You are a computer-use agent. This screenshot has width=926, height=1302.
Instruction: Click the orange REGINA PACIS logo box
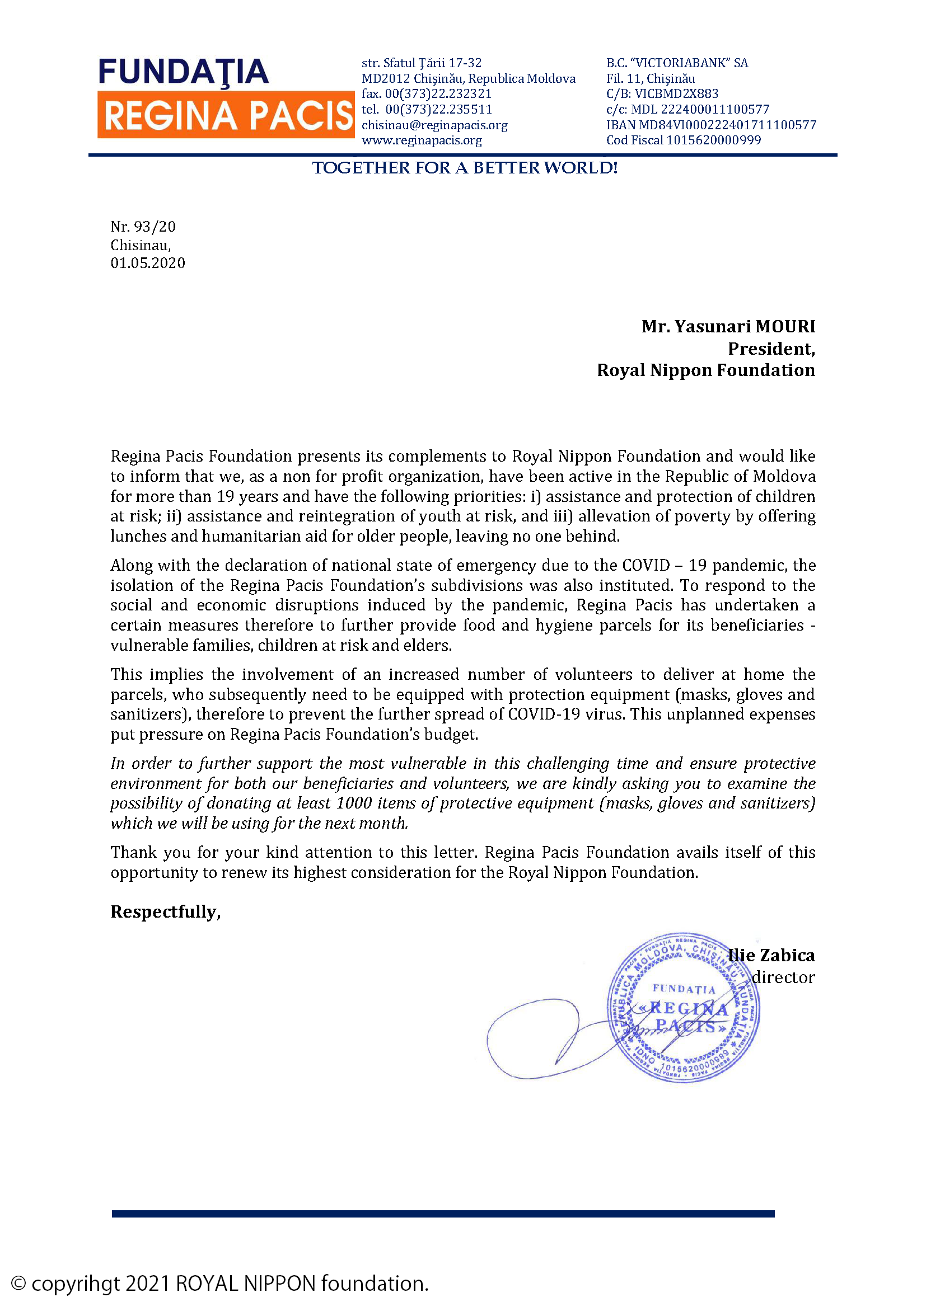pyautogui.click(x=226, y=115)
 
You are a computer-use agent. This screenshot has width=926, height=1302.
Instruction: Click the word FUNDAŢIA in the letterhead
pyautogui.click(x=183, y=72)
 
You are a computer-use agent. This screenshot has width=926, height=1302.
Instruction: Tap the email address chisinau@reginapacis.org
pyautogui.click(x=434, y=125)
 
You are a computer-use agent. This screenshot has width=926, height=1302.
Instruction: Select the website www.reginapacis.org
pyautogui.click(x=422, y=140)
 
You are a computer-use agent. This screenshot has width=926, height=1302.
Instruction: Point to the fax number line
pyautogui.click(x=426, y=93)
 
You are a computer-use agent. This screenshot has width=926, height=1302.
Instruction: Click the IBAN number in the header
pyautogui.click(x=711, y=125)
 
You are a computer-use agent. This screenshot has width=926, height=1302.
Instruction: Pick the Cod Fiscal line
pyautogui.click(x=683, y=140)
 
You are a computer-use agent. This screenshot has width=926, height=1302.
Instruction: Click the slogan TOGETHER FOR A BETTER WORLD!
pyautogui.click(x=465, y=168)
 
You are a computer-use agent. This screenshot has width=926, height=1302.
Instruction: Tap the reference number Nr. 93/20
pyautogui.click(x=143, y=227)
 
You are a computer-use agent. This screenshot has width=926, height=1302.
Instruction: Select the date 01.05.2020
pyautogui.click(x=148, y=262)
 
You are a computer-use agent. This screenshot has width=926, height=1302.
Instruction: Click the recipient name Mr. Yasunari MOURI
pyautogui.click(x=728, y=327)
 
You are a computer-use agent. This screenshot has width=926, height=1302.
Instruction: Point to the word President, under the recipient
pyautogui.click(x=771, y=349)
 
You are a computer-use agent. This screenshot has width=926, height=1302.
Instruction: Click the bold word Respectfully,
pyautogui.click(x=165, y=911)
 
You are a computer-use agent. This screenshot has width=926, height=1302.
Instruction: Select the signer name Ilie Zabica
pyautogui.click(x=773, y=956)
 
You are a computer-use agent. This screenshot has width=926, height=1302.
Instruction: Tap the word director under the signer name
pyautogui.click(x=783, y=977)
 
